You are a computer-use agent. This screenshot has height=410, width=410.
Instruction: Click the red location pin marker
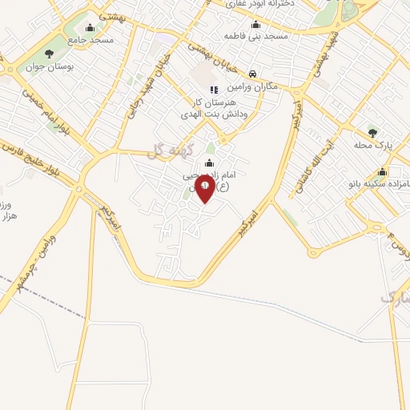point(204,190)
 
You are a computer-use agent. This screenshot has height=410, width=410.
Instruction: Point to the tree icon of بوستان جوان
point(50,54)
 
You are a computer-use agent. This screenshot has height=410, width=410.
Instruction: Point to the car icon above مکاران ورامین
point(252,73)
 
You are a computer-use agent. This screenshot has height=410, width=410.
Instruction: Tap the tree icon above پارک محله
point(370,132)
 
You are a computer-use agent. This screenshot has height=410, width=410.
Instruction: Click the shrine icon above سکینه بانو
point(382,171)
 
